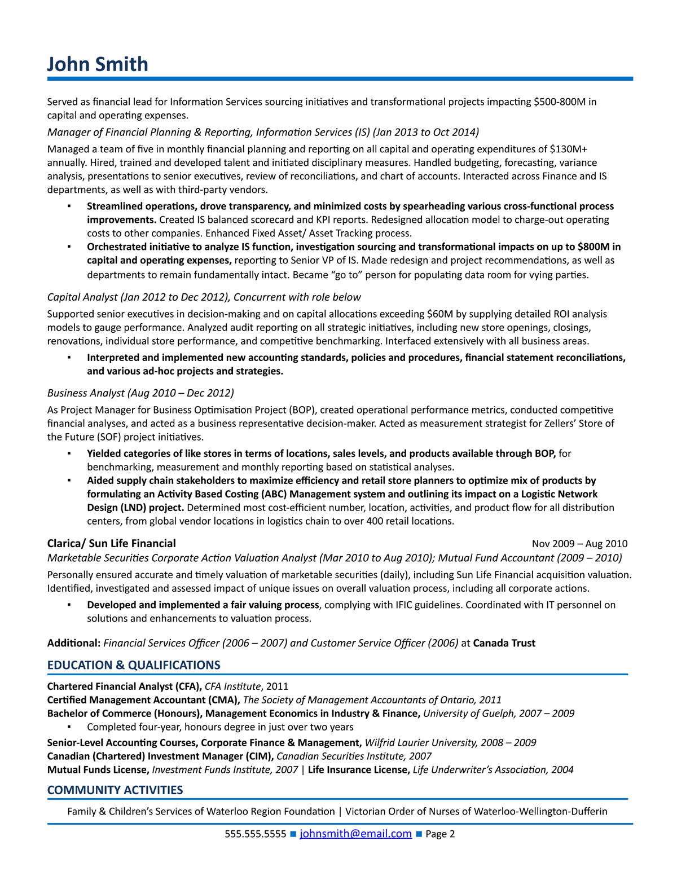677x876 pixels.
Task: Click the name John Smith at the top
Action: click(97, 64)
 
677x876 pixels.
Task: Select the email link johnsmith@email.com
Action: click(355, 834)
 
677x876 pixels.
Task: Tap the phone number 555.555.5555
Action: click(255, 834)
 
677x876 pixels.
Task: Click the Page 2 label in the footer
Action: click(440, 834)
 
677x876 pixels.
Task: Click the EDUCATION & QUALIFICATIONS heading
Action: click(134, 665)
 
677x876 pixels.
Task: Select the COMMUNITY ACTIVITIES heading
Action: click(115, 790)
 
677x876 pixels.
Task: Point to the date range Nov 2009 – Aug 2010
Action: click(579, 544)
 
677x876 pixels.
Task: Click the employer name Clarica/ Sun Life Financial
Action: click(111, 543)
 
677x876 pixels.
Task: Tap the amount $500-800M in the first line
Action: click(561, 102)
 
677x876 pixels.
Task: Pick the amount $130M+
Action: click(568, 149)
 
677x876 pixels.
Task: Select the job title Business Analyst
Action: click(86, 393)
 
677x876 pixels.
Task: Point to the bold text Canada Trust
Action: click(504, 643)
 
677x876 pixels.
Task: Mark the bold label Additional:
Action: click(74, 643)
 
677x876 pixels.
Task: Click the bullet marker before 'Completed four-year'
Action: click(69, 727)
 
